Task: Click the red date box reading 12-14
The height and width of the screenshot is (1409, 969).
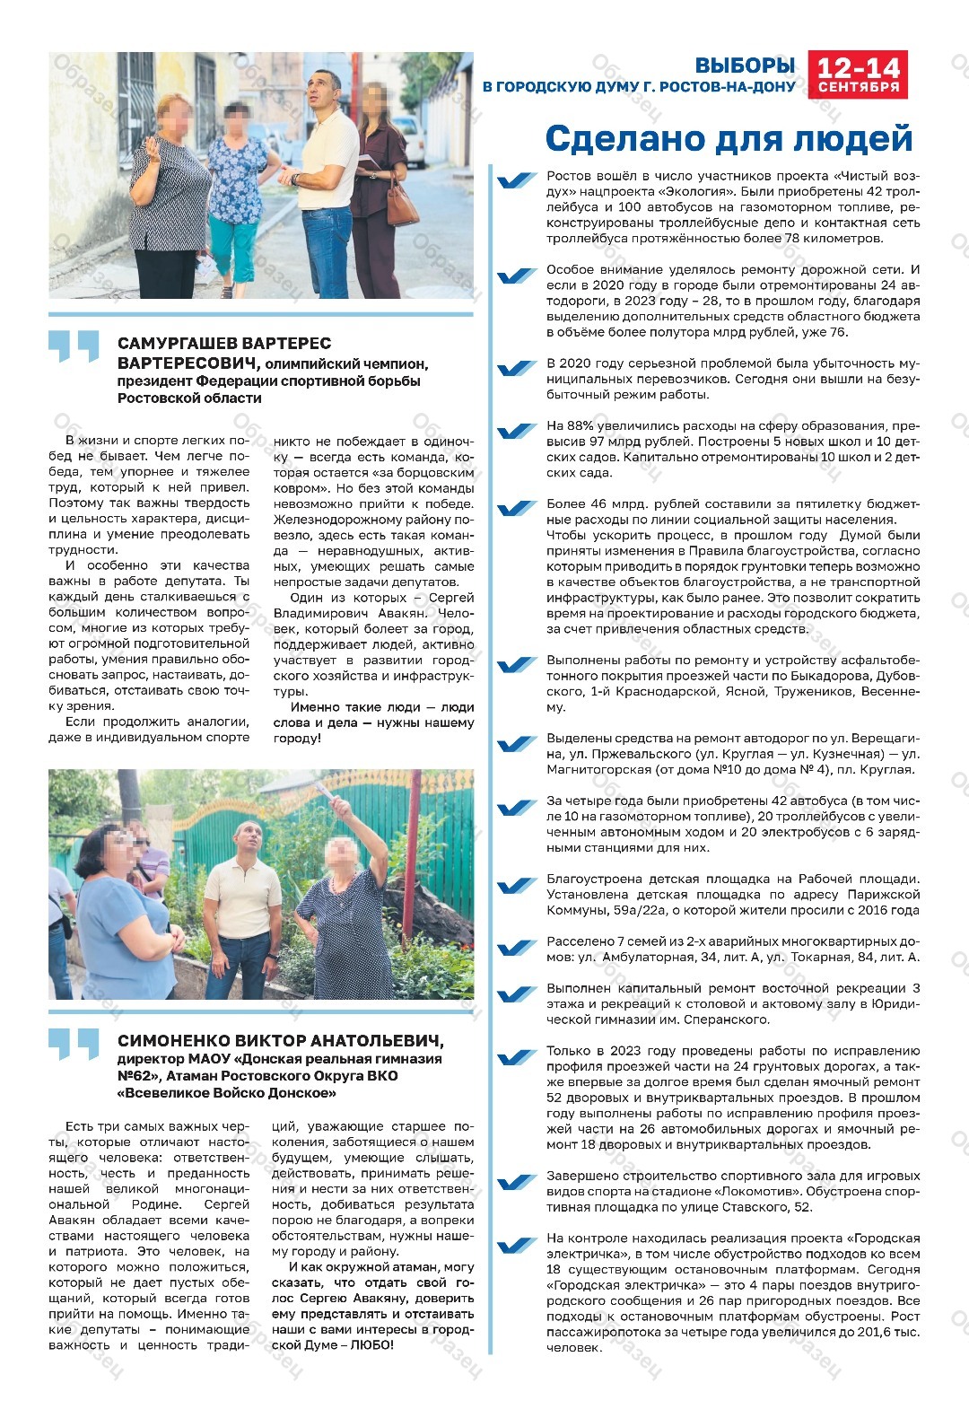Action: click(x=858, y=68)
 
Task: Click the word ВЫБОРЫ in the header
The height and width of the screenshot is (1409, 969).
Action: click(x=745, y=66)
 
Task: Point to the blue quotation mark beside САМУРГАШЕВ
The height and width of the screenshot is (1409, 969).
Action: click(x=74, y=346)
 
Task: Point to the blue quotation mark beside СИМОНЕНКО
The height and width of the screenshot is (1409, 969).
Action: click(x=74, y=1044)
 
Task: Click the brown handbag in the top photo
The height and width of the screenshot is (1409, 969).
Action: click(x=401, y=206)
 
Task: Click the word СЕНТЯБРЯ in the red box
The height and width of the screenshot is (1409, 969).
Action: click(x=858, y=87)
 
